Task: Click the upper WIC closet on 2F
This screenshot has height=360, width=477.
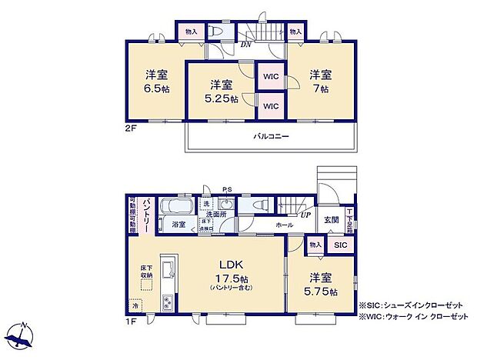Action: pos(270,76)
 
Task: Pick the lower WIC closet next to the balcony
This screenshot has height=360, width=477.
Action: pos(270,105)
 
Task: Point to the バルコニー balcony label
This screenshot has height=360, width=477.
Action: pos(271,136)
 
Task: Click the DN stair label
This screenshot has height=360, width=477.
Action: pos(246,44)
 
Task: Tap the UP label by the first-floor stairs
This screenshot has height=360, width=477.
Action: pos(306,216)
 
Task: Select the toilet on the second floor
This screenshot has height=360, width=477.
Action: pos(217,32)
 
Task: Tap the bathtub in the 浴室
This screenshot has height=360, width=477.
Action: pos(178,207)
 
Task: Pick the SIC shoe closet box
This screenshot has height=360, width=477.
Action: pos(340,244)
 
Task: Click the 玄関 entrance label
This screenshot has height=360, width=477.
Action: pos(331,219)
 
